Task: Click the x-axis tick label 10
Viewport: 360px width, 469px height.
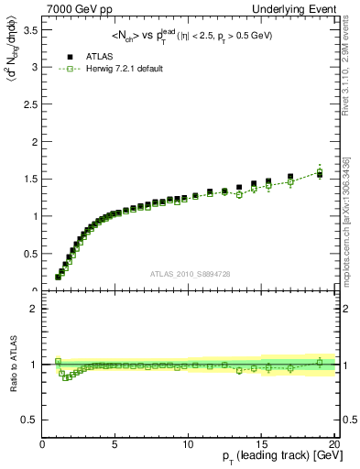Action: [x=189, y=445]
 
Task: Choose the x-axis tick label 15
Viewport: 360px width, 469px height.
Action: [x=262, y=445]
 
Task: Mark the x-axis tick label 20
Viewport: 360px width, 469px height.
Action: [x=334, y=445]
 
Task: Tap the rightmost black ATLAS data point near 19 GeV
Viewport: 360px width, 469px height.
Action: [x=320, y=174]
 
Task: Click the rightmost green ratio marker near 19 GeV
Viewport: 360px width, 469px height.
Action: [x=320, y=362]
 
